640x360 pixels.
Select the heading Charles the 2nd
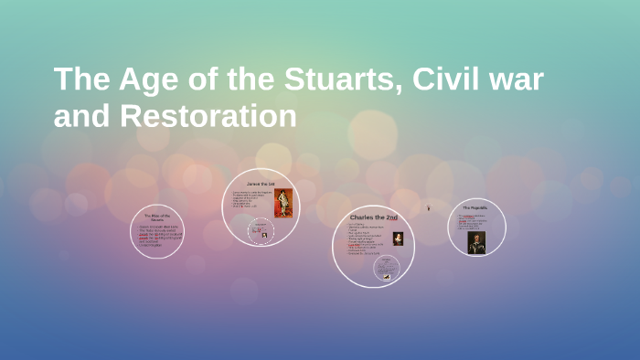373,217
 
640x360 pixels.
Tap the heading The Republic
475,207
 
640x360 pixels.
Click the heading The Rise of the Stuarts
157,217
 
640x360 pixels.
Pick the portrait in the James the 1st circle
283,203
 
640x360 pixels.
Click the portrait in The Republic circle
476,241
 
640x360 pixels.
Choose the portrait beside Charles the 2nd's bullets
399,238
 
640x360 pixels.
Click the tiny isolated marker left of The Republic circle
428,208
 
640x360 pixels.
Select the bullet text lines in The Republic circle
472,221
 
